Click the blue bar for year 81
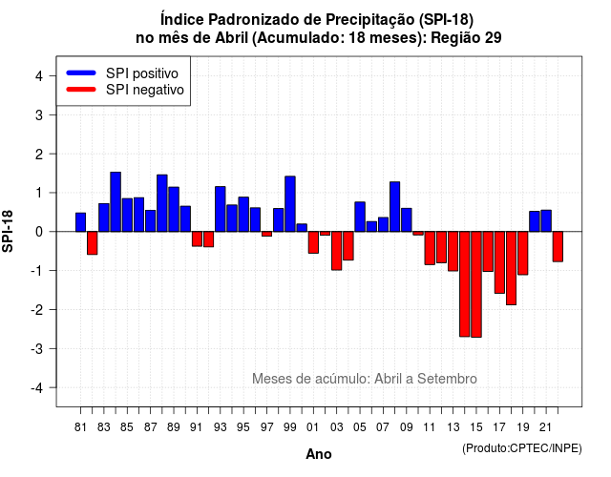[80, 222]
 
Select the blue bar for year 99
[290, 204]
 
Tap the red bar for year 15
[476, 284]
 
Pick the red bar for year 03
[337, 251]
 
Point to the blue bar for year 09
[407, 220]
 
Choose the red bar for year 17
[499, 262]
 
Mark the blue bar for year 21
[546, 220]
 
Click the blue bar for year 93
[221, 209]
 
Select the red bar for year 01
[313, 242]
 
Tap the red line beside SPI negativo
[81, 89]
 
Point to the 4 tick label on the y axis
[39, 75]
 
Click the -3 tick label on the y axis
[36, 348]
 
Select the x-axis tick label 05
[360, 427]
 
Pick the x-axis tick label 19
[523, 427]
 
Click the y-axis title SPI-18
[8, 231]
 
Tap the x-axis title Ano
[319, 454]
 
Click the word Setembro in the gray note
[447, 379]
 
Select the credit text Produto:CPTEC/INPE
[522, 448]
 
